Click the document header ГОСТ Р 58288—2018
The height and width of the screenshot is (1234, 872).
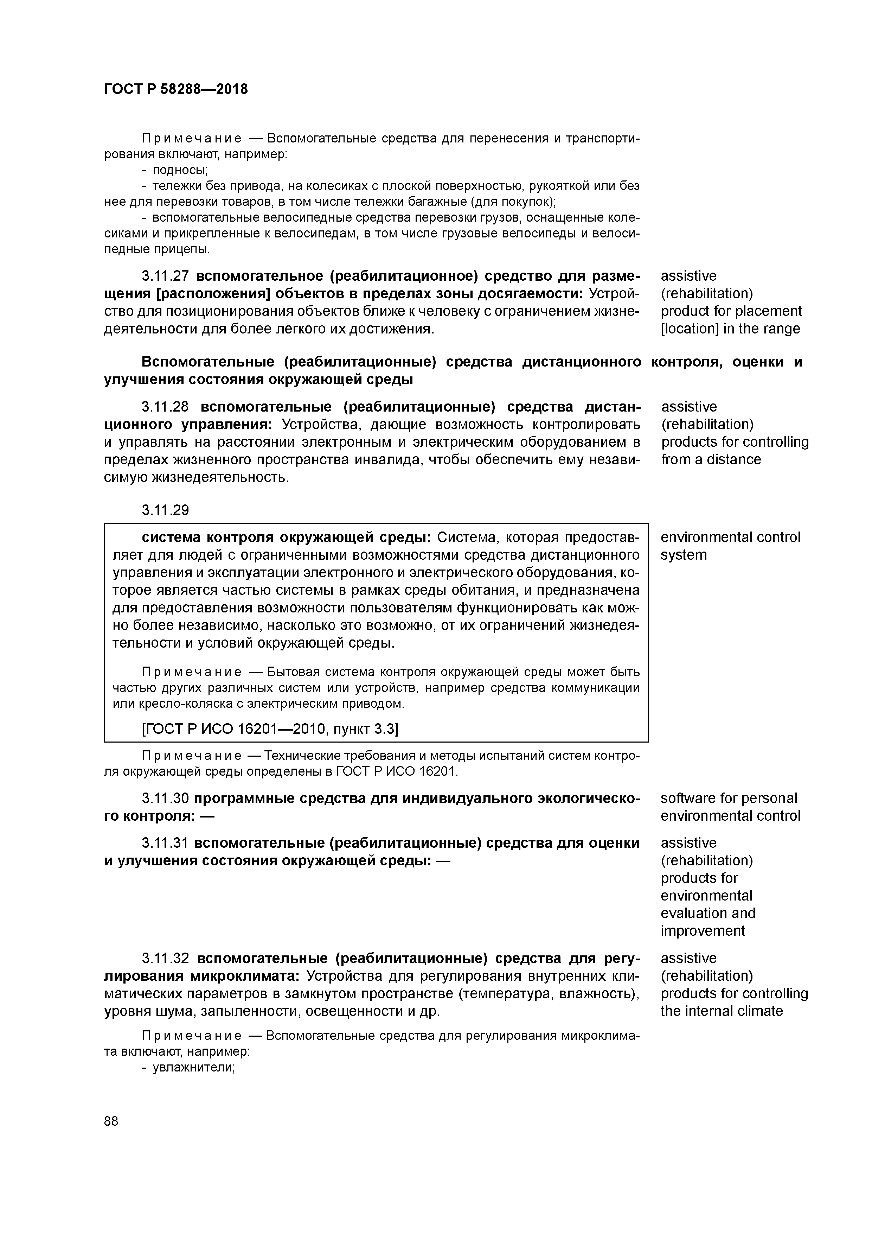tap(176, 89)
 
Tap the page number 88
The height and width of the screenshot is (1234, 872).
tap(111, 1121)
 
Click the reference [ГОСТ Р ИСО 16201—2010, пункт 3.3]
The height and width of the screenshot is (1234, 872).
tap(270, 729)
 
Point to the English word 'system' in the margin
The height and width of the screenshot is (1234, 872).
tap(684, 555)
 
